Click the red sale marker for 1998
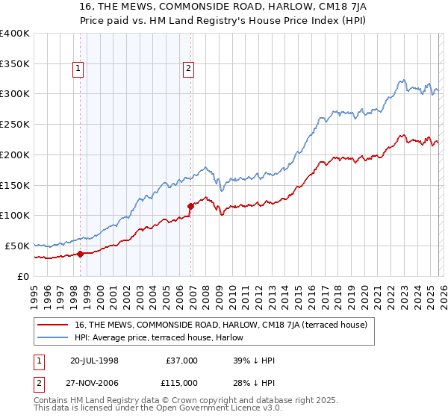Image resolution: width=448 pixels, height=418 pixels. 80,254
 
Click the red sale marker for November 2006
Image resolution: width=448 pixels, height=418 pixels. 191,205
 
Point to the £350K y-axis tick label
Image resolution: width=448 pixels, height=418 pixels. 14,63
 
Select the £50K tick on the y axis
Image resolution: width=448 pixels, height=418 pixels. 17,246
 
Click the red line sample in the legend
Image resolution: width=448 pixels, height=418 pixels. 53,325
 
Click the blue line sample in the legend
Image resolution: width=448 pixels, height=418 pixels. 53,338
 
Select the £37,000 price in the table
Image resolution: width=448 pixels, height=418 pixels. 181,361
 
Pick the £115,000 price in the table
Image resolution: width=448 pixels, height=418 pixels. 179,382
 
